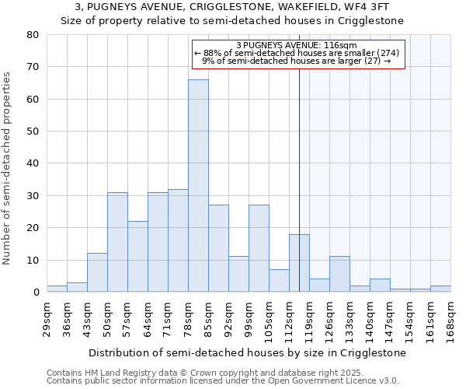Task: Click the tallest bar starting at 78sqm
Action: [x=198, y=186]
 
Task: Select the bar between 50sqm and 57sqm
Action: [x=117, y=242]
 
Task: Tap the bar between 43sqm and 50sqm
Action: [x=97, y=272]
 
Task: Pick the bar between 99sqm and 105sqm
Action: [x=259, y=248]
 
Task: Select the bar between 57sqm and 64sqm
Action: [x=137, y=257]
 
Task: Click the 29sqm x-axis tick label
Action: [x=47, y=319]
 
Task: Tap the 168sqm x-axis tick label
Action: [x=450, y=319]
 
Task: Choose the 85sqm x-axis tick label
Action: [x=208, y=319]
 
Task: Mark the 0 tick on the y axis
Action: [x=35, y=292]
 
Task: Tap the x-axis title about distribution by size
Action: [x=248, y=352]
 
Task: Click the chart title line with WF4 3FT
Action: [x=232, y=6]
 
